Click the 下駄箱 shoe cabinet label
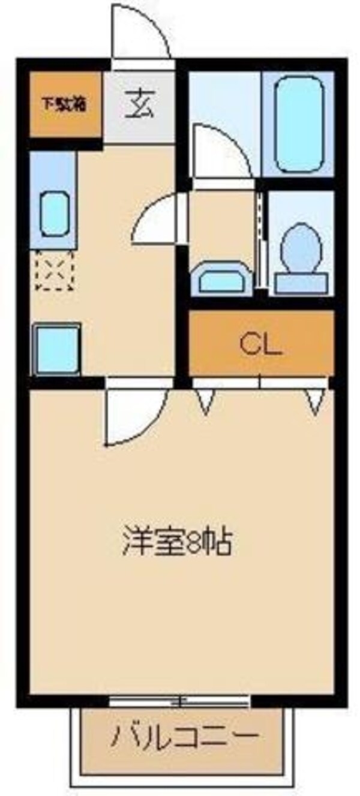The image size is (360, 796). click(x=64, y=104)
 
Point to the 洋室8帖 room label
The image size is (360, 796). click(x=178, y=542)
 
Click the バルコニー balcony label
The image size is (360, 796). click(x=185, y=735)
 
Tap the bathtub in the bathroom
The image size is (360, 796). click(x=298, y=124)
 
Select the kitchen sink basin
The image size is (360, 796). click(x=54, y=214)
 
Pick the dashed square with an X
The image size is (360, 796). click(x=54, y=270)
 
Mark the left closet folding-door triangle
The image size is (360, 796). click(x=206, y=401)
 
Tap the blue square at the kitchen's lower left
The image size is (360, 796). click(x=57, y=350)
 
